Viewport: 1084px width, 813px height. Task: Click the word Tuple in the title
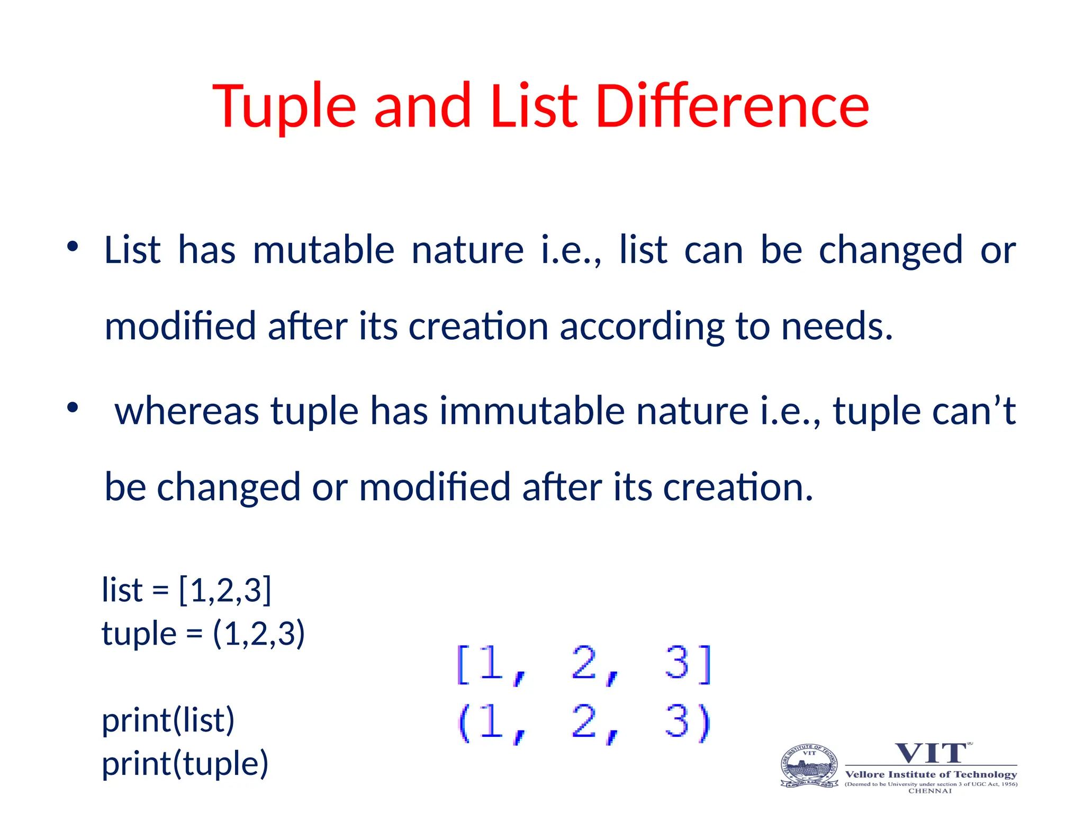coord(284,107)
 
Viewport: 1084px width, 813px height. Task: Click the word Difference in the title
coord(732,107)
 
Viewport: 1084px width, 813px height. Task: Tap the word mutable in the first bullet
coord(323,250)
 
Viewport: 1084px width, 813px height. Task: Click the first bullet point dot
coord(73,246)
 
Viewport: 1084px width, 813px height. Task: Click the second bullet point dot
coord(73,407)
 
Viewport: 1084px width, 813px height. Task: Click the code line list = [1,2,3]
coord(186,590)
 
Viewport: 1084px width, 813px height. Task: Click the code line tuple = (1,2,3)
coord(203,634)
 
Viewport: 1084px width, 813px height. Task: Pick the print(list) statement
coord(168,720)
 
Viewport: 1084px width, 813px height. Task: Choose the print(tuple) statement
coord(185,764)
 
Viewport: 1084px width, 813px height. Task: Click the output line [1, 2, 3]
coord(584,664)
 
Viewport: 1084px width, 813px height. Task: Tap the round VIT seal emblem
coord(809,766)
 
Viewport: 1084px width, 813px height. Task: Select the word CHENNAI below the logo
coord(930,791)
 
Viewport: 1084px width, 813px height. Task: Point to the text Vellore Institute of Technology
coord(931,774)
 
